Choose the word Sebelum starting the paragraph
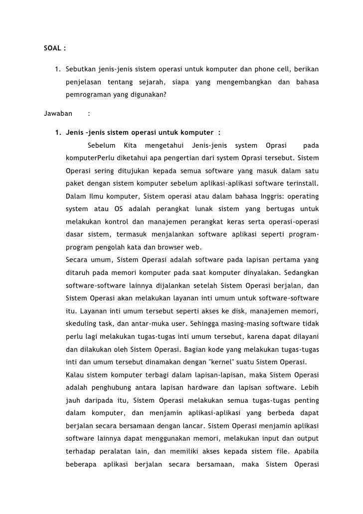click(x=101, y=145)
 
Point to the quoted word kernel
click(x=212, y=362)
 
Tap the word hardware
click(x=214, y=387)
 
